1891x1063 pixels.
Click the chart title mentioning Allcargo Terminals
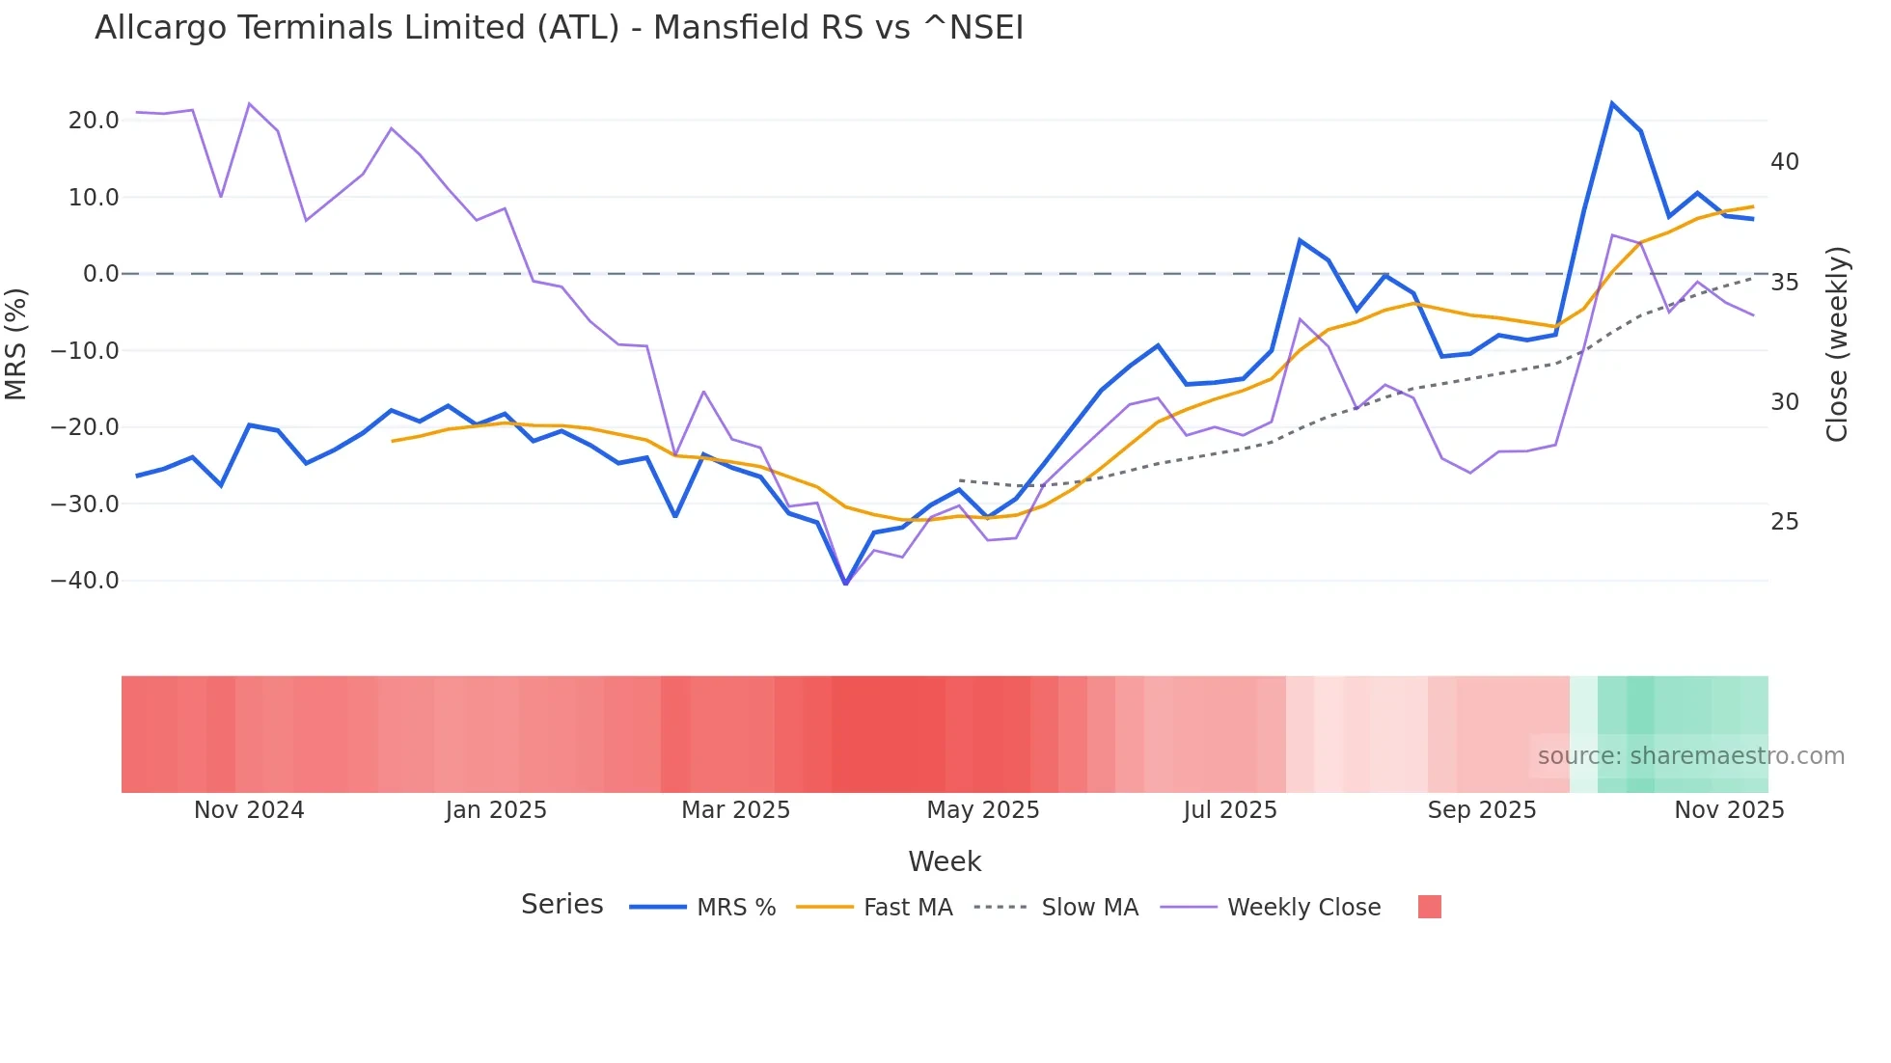click(x=559, y=28)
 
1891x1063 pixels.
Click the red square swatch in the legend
click(x=1429, y=907)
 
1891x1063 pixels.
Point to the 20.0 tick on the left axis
click(x=94, y=121)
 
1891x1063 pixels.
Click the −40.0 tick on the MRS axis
click(x=85, y=581)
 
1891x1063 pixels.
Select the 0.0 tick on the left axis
click(x=100, y=274)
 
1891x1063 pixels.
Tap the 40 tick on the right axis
click(x=1784, y=162)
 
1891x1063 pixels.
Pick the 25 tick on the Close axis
click(x=1784, y=522)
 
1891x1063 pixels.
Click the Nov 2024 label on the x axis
click(x=249, y=810)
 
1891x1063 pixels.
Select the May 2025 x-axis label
click(x=982, y=810)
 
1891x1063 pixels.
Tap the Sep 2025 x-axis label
click(x=1481, y=810)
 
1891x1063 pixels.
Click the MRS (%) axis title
click(x=16, y=343)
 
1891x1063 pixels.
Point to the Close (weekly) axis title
click(x=1836, y=343)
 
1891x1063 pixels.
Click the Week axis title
click(x=944, y=861)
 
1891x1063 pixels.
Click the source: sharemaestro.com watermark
click(x=1690, y=756)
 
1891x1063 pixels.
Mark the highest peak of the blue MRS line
click(x=1611, y=103)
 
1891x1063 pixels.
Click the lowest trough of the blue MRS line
click(x=846, y=584)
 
